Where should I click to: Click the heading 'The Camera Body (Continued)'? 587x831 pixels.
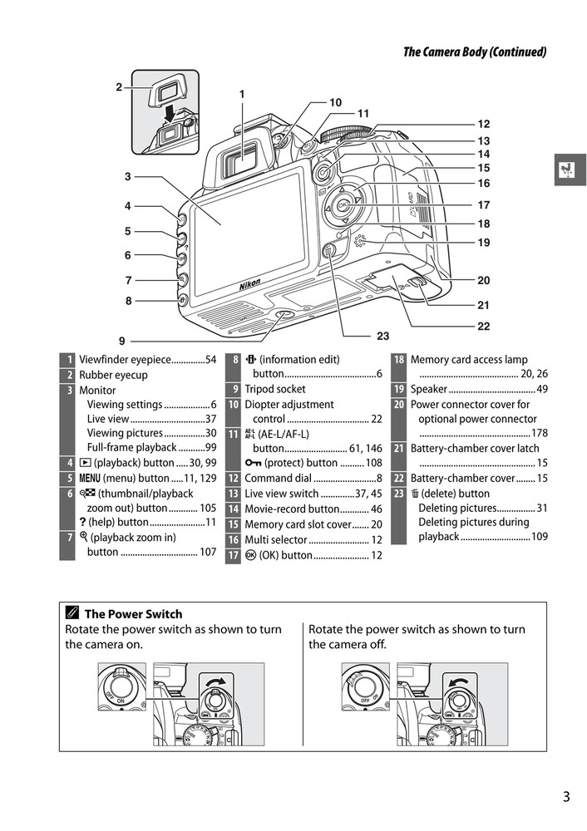click(x=474, y=52)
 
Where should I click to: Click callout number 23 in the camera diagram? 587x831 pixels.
click(x=382, y=337)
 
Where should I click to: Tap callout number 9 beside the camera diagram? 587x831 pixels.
click(x=121, y=340)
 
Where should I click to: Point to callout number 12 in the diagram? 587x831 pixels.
click(x=483, y=124)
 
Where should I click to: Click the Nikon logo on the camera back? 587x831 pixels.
click(x=249, y=284)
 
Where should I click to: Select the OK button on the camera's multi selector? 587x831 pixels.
click(x=342, y=204)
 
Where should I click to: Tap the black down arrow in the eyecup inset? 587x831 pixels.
click(x=169, y=111)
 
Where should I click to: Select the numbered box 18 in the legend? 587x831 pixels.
click(x=399, y=360)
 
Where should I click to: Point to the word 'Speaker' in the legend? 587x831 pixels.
click(x=429, y=389)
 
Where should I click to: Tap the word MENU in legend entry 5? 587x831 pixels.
click(x=92, y=478)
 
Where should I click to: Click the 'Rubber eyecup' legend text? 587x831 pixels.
click(x=113, y=375)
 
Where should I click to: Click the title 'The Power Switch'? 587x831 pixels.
click(x=133, y=614)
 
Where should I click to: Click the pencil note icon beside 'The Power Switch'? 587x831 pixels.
click(x=73, y=614)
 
